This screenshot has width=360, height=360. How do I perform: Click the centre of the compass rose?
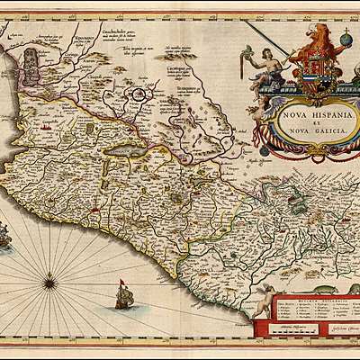coord(50,283)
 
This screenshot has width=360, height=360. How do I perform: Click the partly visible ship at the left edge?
coord(4,236)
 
